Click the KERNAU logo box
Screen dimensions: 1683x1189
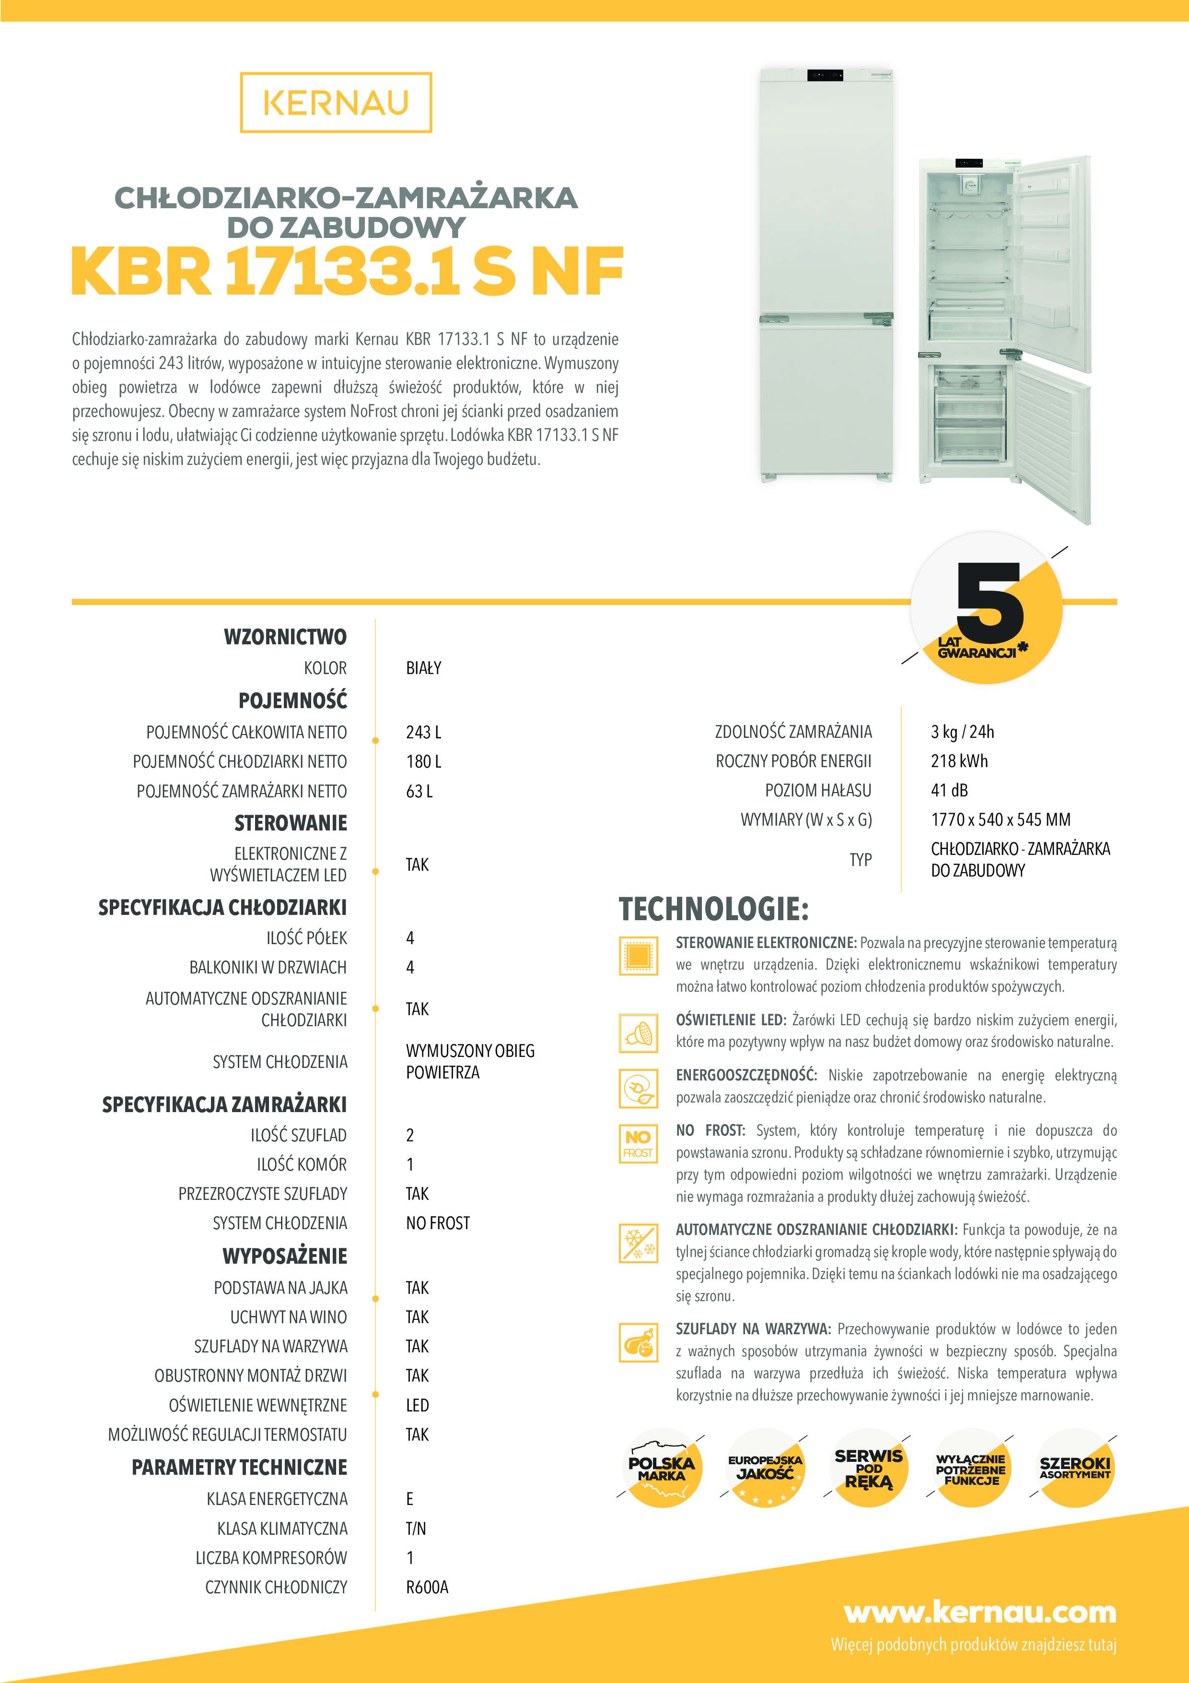click(x=336, y=103)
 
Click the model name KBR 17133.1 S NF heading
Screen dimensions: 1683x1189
click(x=347, y=272)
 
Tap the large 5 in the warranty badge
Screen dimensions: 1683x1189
click(x=989, y=603)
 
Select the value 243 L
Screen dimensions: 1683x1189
click(x=423, y=732)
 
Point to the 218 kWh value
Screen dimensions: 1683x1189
click(x=959, y=761)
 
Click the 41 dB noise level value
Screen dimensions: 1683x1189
click(x=949, y=790)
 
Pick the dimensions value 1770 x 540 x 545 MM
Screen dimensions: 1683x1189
click(x=1000, y=819)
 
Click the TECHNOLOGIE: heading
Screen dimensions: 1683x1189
click(x=713, y=909)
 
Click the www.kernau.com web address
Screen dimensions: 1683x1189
click(x=980, y=1612)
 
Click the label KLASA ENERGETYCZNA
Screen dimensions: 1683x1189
click(x=277, y=1499)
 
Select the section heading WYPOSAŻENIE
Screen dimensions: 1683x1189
click(x=285, y=1256)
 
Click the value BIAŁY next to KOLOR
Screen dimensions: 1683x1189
click(x=423, y=668)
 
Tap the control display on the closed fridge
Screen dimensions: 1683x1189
click(x=825, y=75)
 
